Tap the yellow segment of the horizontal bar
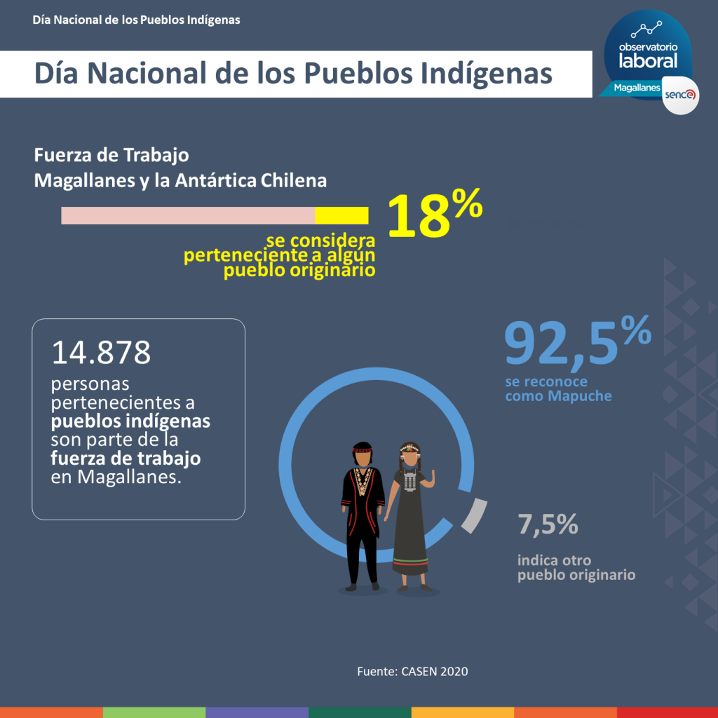point(341,216)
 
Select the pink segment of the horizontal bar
point(188,216)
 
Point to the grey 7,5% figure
point(548,524)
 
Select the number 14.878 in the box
point(101,353)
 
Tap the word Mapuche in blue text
point(579,396)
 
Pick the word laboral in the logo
point(648,60)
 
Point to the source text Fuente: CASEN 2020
point(412,672)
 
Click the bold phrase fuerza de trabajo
point(126,459)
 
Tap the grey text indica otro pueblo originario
point(576,568)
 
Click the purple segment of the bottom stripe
point(257,712)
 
